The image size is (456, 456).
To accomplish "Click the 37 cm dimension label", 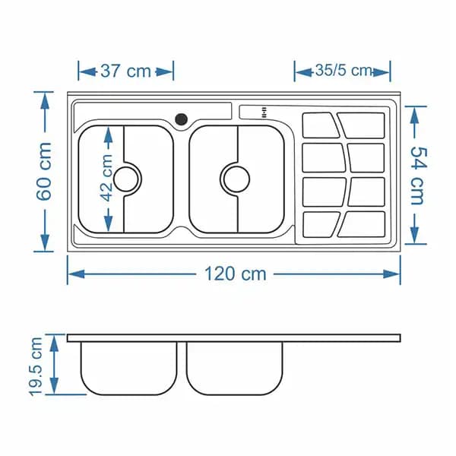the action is pos(125,71).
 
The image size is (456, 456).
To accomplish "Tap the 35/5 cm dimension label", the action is pos(344,71).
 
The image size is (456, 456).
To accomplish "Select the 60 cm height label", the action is pos(44,172).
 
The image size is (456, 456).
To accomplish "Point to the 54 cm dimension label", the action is pos(418,176).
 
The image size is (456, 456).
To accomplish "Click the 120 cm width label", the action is pos(236,274).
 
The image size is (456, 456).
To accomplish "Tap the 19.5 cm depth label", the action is pos(36,366).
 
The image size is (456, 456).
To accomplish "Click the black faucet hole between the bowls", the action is pos(181,119).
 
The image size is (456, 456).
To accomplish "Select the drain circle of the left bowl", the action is pos(126,179).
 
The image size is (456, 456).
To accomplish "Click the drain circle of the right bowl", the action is pos(236,179).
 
